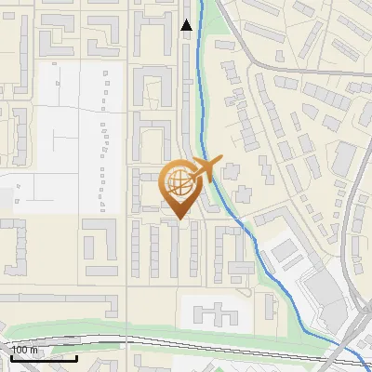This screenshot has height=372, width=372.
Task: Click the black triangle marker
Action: coord(187,25)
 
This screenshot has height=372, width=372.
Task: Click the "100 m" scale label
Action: coord(25,349)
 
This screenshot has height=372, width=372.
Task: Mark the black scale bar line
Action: coord(41,357)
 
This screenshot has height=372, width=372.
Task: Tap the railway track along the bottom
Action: coord(186,341)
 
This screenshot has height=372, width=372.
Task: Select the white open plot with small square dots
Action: coord(70,139)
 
